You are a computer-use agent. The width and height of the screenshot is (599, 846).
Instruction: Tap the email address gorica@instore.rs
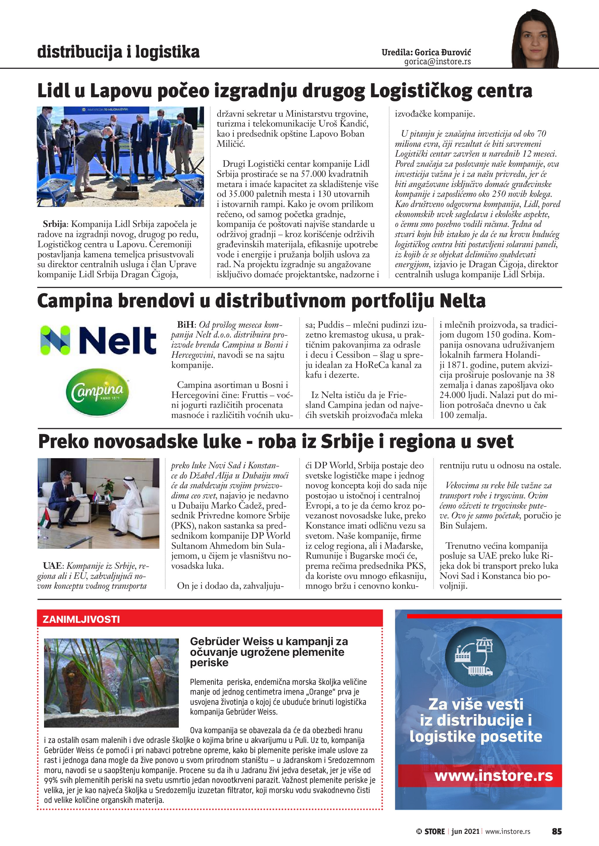point(438,62)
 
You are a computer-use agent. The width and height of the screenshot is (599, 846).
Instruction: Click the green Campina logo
point(98,392)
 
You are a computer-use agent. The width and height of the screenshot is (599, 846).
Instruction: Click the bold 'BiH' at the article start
point(185,325)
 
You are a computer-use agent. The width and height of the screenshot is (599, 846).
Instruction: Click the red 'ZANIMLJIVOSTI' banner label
point(81,619)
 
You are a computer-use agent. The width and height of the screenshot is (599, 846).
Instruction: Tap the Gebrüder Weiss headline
point(269,652)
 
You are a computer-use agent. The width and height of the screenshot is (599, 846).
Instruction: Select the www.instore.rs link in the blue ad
point(494,775)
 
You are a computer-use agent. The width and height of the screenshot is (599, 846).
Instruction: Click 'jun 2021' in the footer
point(465,831)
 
